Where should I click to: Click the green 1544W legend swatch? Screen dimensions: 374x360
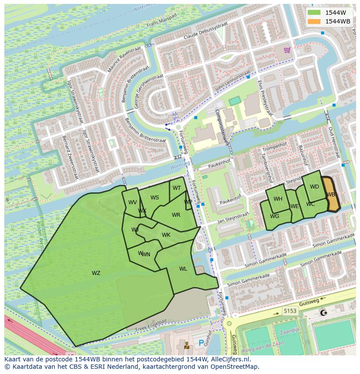(314, 13)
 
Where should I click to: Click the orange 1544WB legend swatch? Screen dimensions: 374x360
(314, 21)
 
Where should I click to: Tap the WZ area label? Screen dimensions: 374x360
(96, 273)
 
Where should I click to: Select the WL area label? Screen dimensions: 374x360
(183, 269)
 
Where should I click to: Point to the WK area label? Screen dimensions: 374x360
(166, 235)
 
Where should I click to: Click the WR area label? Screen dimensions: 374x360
(176, 215)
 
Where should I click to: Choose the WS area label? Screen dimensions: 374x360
(155, 198)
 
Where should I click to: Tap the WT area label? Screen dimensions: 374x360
(177, 188)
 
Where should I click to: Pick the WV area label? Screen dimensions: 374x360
(133, 202)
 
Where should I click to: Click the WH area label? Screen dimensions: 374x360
(278, 199)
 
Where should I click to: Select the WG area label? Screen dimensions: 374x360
(274, 216)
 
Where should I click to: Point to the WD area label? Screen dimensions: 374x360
(314, 187)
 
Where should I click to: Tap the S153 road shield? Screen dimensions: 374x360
(290, 311)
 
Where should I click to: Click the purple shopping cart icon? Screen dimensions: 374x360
(287, 50)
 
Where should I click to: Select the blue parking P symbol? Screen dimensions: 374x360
(201, 343)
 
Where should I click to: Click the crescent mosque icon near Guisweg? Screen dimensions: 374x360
(323, 312)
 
